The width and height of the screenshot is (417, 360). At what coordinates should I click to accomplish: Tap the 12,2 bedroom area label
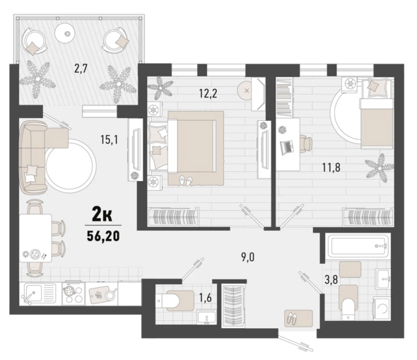point(208,93)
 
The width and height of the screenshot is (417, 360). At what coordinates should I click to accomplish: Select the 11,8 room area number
point(331,168)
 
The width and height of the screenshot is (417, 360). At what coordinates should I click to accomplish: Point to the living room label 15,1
point(110,139)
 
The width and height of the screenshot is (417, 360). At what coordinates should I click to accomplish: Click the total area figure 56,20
point(103,236)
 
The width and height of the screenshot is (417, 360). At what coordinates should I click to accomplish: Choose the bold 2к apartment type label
point(102,216)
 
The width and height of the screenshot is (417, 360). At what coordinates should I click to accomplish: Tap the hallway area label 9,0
point(248,257)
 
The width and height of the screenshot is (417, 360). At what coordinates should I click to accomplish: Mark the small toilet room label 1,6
point(206,298)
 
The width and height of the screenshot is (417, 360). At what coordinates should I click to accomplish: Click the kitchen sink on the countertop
point(40,294)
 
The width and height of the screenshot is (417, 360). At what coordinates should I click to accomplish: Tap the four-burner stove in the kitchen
point(73,294)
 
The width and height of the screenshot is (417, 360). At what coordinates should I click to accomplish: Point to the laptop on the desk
point(287,148)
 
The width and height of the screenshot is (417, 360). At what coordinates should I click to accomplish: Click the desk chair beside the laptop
point(306,144)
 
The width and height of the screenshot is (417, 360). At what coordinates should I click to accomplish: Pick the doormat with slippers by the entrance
point(298,318)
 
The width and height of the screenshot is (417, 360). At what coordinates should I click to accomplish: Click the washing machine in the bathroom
point(382,308)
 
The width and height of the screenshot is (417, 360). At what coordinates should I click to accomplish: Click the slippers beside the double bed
point(185,180)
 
